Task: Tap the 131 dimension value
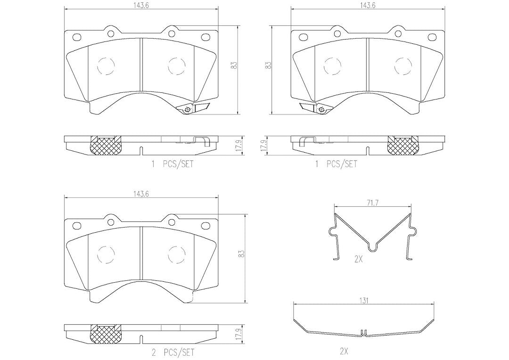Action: pos(364,301)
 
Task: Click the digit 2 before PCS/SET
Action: pos(154,352)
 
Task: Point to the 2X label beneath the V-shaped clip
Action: pos(358,259)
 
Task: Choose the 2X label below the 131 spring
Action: pos(344,351)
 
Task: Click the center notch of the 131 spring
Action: pos(363,332)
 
